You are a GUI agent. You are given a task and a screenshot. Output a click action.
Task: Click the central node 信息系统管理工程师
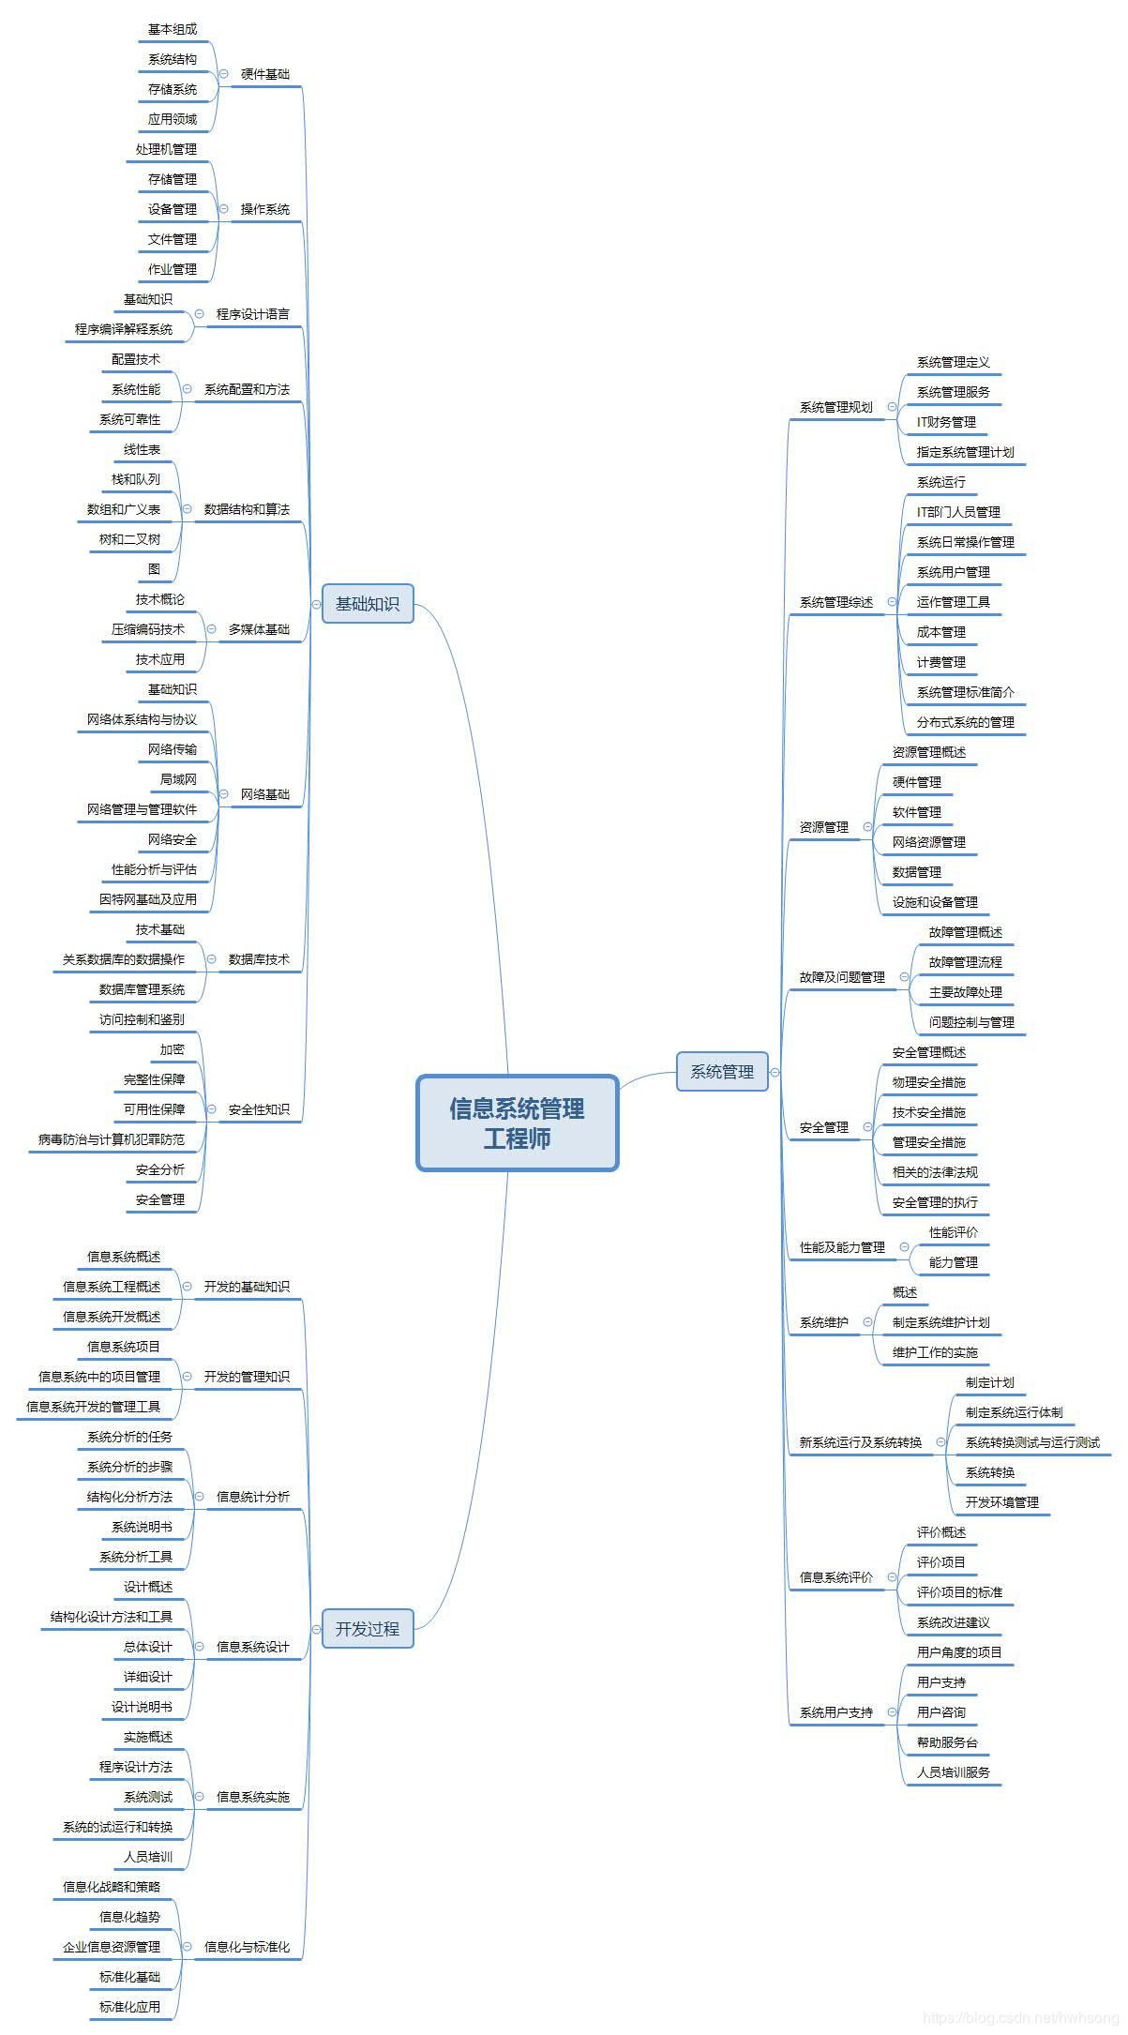click(517, 1123)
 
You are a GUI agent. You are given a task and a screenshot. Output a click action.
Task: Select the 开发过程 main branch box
click(368, 1629)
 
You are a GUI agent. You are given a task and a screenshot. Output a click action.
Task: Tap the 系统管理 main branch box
click(722, 1072)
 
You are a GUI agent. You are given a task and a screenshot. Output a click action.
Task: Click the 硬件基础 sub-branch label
click(265, 74)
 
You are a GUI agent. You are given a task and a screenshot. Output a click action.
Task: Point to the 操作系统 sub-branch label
click(265, 209)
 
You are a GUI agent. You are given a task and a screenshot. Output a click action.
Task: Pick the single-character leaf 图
click(154, 569)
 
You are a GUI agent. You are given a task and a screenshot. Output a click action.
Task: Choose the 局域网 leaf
click(178, 779)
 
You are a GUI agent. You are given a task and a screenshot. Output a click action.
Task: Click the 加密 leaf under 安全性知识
click(173, 1049)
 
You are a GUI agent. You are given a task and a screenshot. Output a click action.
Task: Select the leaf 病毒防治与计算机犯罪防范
click(112, 1139)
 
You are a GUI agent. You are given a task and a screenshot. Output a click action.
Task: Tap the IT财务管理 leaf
click(946, 422)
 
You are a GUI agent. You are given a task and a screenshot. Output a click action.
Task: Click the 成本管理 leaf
click(940, 632)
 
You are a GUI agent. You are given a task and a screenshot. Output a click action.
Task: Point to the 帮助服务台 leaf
click(947, 1742)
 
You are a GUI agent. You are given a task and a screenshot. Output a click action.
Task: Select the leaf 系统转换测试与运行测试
click(1032, 1442)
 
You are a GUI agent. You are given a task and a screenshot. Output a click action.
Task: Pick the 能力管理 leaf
click(953, 1262)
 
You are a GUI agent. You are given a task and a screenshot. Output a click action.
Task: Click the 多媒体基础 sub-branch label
click(259, 629)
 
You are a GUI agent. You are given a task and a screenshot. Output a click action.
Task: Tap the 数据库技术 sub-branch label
click(259, 959)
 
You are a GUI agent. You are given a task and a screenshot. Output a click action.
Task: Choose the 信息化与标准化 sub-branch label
click(247, 1947)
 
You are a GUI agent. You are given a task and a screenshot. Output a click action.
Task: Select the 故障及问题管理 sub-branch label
click(842, 977)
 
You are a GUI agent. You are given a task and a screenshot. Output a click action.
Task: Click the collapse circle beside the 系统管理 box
click(775, 1072)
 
